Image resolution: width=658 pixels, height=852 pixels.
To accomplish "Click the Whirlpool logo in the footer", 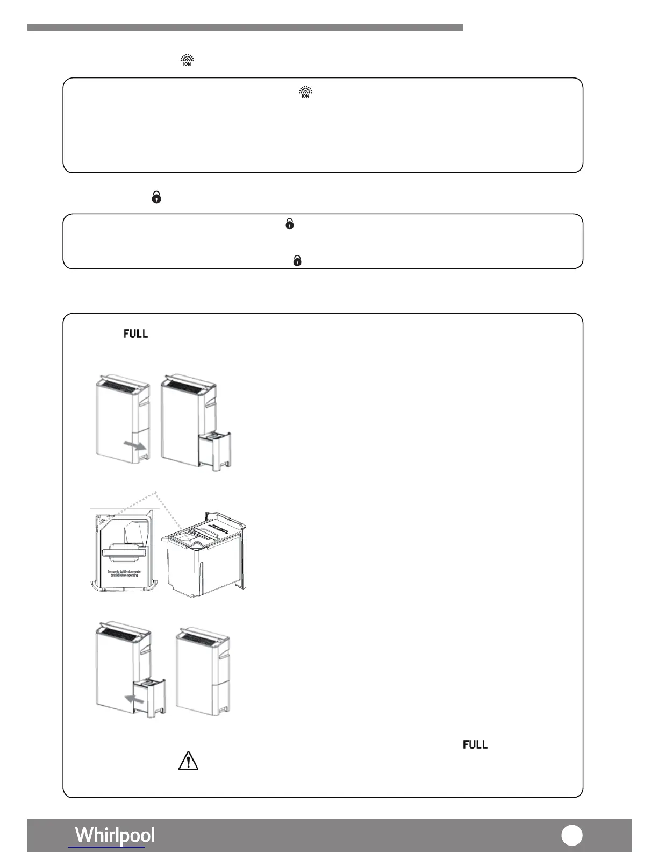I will click(115, 835).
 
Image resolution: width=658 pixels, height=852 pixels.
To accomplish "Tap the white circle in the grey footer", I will click(572, 835).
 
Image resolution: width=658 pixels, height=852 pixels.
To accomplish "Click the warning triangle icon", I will click(188, 761).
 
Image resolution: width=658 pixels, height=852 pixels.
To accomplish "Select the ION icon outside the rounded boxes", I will click(187, 60).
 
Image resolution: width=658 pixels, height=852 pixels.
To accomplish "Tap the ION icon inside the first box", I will click(305, 92).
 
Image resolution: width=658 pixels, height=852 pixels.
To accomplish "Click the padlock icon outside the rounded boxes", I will click(156, 197).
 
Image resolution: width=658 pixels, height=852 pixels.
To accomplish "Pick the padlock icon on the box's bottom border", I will click(297, 261).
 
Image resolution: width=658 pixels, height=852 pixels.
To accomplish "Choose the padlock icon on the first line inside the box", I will click(289, 224).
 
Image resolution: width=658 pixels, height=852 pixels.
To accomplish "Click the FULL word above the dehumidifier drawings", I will click(135, 334).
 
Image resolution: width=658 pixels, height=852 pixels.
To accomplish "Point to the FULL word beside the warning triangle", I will click(475, 745).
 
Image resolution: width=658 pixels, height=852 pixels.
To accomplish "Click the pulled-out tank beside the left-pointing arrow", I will click(152, 696).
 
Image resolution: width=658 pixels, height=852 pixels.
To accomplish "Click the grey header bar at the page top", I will click(245, 27).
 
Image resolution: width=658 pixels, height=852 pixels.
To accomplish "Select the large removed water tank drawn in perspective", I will click(204, 559).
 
